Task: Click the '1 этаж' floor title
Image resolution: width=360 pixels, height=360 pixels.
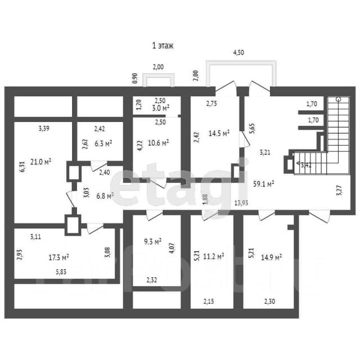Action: tap(163, 46)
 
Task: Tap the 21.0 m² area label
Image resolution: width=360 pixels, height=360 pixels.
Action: tap(40, 162)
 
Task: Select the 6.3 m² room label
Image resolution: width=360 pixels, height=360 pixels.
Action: tap(103, 143)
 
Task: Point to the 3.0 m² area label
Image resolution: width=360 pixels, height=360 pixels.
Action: tap(161, 107)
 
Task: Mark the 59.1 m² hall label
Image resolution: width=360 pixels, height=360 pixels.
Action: tap(263, 183)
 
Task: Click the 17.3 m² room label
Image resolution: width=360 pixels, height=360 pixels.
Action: tap(58, 257)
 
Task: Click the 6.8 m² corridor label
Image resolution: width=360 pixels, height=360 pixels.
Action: tap(105, 195)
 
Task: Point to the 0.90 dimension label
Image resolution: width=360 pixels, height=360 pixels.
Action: tap(135, 79)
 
